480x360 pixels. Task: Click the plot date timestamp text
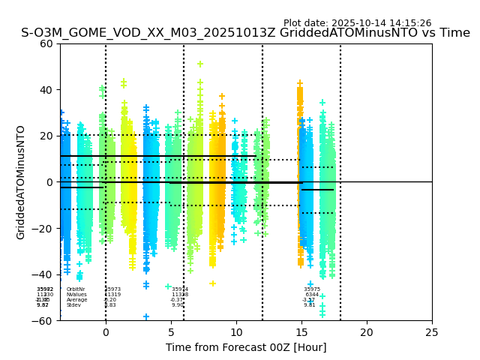357,23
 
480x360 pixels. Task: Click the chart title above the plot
245,33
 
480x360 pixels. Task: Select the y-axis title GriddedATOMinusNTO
21,182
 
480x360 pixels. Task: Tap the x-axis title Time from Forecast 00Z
246,347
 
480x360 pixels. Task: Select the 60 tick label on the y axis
46,43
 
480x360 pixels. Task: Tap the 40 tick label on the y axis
46,90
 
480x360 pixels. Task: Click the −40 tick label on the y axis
43,274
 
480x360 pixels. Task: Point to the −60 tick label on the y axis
43,320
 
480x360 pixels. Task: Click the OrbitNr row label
76,289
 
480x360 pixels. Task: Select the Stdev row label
73,305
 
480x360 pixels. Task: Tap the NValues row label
76,295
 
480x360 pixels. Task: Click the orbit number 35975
312,289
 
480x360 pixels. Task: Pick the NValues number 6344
312,295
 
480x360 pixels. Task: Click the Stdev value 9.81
309,305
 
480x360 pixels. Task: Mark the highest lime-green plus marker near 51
200,64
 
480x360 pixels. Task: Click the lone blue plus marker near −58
146,316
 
